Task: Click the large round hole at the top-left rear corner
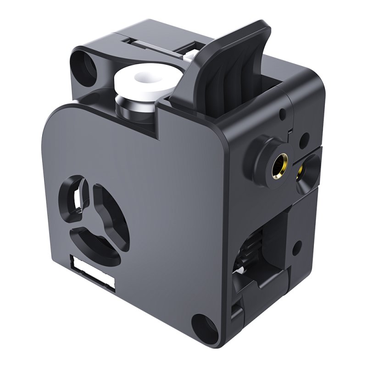84,64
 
